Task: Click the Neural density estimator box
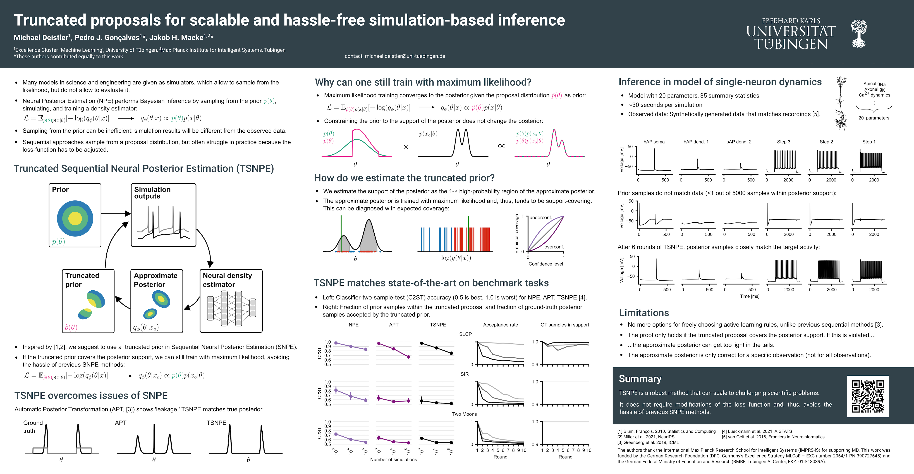coord(231,301)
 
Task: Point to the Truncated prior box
coord(88,301)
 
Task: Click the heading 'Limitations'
coord(644,313)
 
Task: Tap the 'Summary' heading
coord(640,379)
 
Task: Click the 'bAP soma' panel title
coord(654,142)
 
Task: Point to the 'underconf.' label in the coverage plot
coord(541,217)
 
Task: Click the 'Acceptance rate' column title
coord(500,325)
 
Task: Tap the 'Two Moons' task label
coord(464,414)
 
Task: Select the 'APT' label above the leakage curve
coord(121,423)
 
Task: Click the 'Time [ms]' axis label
coord(749,296)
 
